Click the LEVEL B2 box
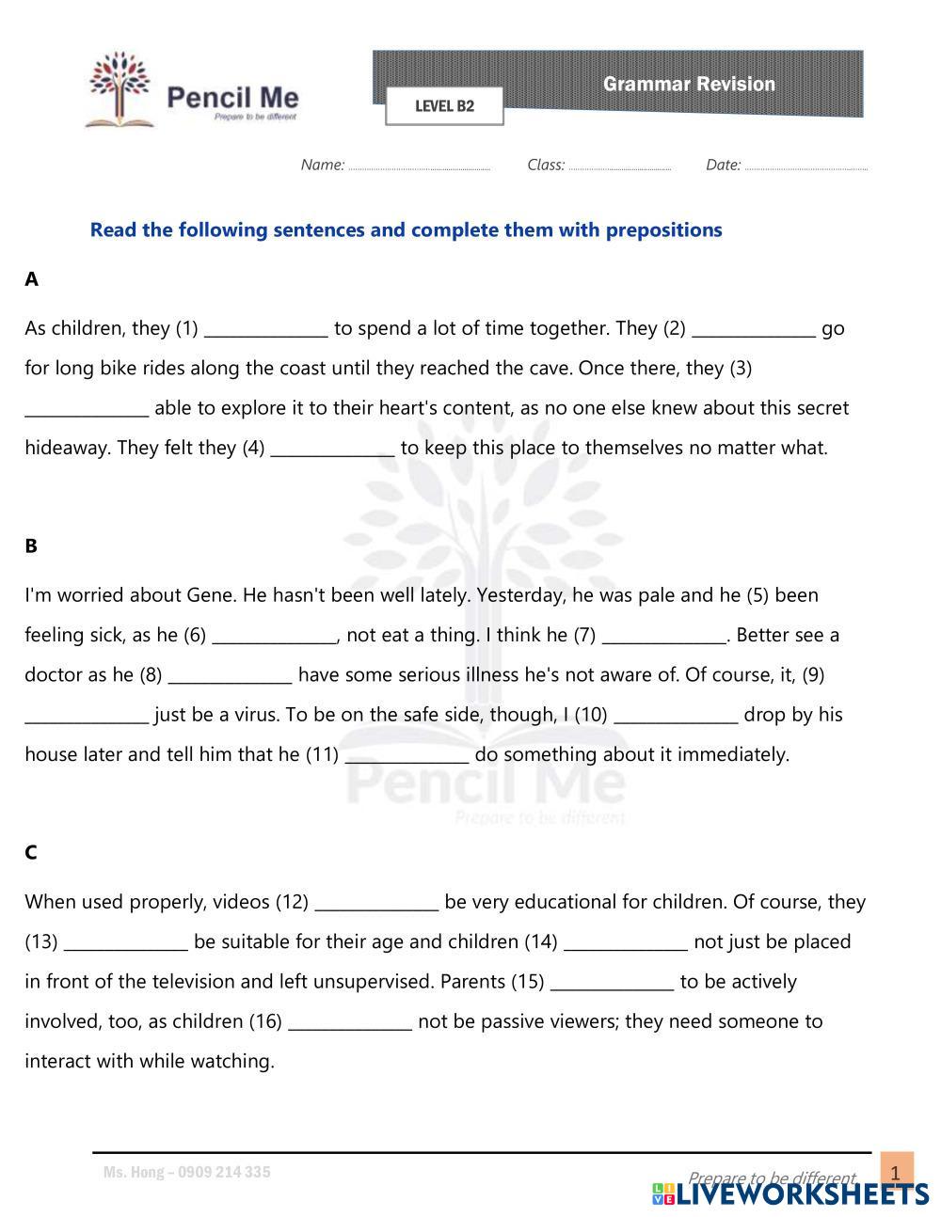pos(444,106)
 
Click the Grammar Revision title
pos(689,85)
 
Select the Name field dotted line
pos(419,166)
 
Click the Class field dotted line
pos(619,166)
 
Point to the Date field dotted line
pos(805,166)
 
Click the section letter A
pos(32,279)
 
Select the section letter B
pos(32,545)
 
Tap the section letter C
pos(31,852)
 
